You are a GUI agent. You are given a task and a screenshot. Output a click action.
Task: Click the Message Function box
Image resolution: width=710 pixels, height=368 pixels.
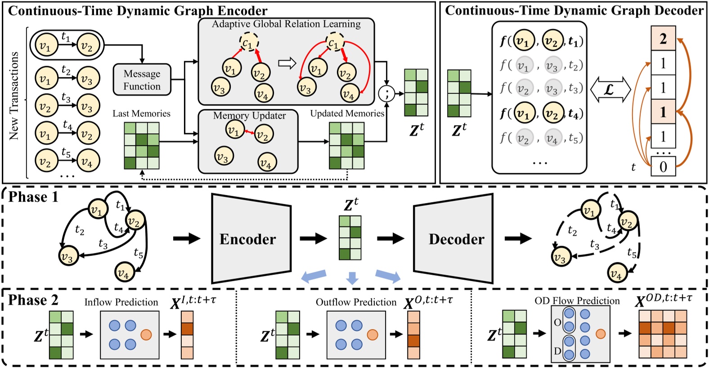coord(142,80)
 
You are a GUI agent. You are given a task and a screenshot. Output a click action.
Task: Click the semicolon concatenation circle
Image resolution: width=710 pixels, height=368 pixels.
coord(386,94)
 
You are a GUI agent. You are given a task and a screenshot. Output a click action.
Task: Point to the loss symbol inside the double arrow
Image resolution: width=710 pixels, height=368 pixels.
coord(609,89)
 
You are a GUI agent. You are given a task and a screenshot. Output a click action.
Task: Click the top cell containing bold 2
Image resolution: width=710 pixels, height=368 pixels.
coord(663,39)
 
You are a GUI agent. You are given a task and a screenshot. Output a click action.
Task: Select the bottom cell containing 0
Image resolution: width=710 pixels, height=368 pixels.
coord(663,167)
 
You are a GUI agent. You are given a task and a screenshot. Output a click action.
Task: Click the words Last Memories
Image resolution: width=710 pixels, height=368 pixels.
coord(141,114)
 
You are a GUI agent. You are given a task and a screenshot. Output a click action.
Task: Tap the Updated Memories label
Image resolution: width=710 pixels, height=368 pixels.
coord(347,114)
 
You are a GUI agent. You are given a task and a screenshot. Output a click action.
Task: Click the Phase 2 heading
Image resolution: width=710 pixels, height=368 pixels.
coord(33,300)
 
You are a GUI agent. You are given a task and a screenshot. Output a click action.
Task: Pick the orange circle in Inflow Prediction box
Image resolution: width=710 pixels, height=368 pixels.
coord(146,334)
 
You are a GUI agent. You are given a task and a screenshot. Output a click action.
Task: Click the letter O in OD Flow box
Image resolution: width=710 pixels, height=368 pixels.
coord(557,323)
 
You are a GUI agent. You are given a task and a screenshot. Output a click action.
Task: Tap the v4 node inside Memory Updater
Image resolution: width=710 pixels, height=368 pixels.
coord(266,162)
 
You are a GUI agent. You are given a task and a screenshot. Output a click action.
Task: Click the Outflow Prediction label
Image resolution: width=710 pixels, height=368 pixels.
coord(355,302)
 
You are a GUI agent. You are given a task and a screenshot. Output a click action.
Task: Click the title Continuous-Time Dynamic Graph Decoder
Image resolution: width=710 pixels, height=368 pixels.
coord(574,11)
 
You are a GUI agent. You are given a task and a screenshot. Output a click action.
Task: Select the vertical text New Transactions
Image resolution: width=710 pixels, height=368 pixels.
coord(14,95)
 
